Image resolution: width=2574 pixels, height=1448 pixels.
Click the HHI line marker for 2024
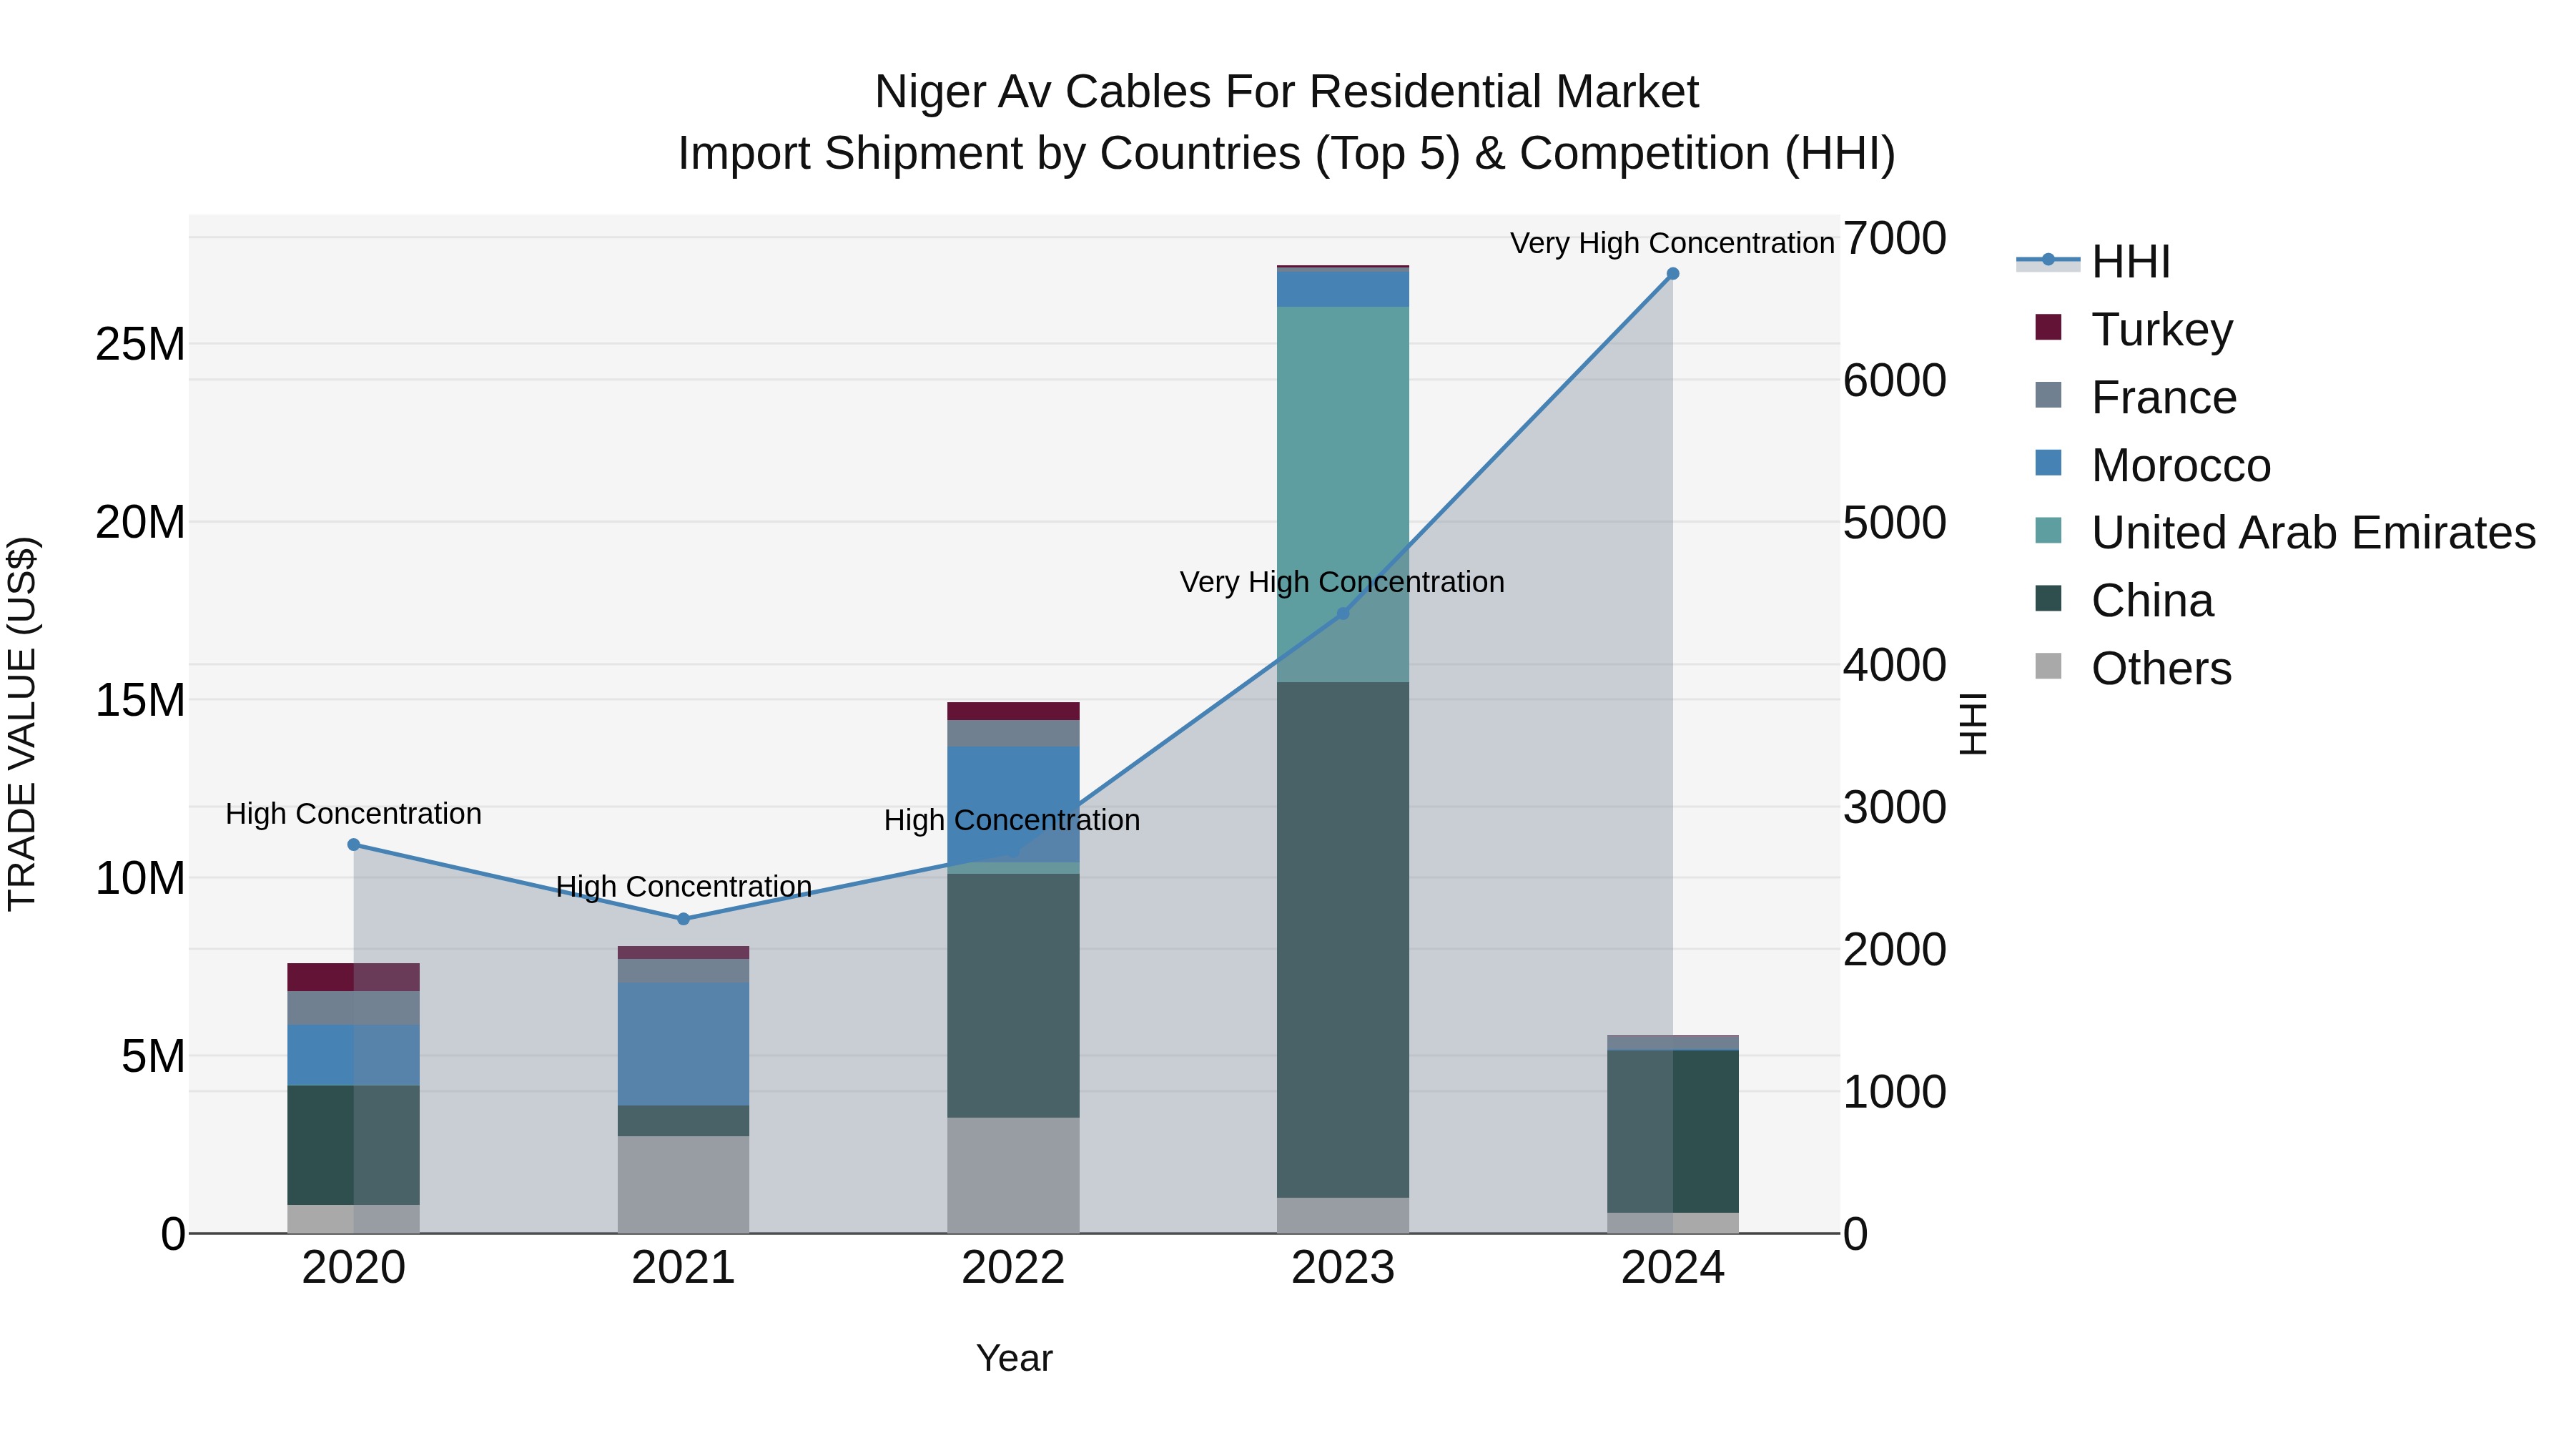(x=1672, y=274)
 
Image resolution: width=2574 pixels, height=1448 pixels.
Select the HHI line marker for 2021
(x=684, y=918)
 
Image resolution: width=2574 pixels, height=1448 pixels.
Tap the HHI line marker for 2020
(x=354, y=844)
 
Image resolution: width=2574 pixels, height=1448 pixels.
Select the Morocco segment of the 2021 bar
(x=684, y=1043)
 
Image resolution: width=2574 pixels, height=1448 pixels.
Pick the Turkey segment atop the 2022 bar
(x=1013, y=711)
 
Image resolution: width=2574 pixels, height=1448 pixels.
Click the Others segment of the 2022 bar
(x=1013, y=1175)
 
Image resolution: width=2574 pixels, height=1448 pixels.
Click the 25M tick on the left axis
(x=140, y=345)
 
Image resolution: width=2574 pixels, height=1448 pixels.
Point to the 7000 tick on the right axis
(x=1893, y=239)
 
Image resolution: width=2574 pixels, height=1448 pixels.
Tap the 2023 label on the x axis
(x=1343, y=1268)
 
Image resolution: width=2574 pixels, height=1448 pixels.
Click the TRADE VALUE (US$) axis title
(x=22, y=724)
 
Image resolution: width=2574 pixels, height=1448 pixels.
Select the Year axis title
(x=1013, y=1358)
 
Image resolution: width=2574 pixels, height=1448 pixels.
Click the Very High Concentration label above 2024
(x=1672, y=243)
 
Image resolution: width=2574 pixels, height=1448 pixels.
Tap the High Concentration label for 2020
(x=354, y=814)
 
